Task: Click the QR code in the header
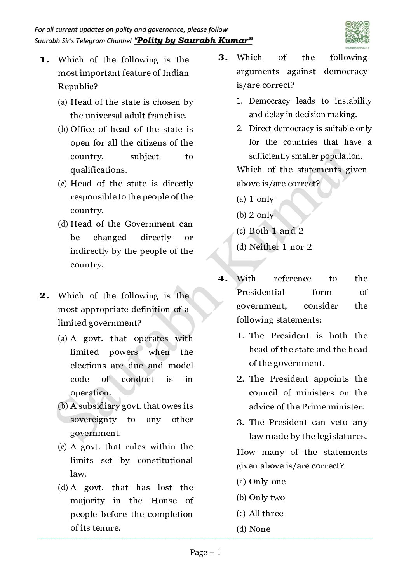(x=357, y=33)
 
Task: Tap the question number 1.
(x=44, y=60)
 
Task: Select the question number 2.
(x=44, y=296)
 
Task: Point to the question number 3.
(x=223, y=57)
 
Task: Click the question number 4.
(x=223, y=279)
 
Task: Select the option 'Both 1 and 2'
(x=276, y=231)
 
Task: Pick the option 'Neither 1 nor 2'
(x=280, y=247)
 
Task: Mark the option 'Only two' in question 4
(x=266, y=498)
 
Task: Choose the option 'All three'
(x=266, y=513)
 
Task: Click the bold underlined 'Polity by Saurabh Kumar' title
(x=193, y=40)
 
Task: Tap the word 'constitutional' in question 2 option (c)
(x=165, y=460)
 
